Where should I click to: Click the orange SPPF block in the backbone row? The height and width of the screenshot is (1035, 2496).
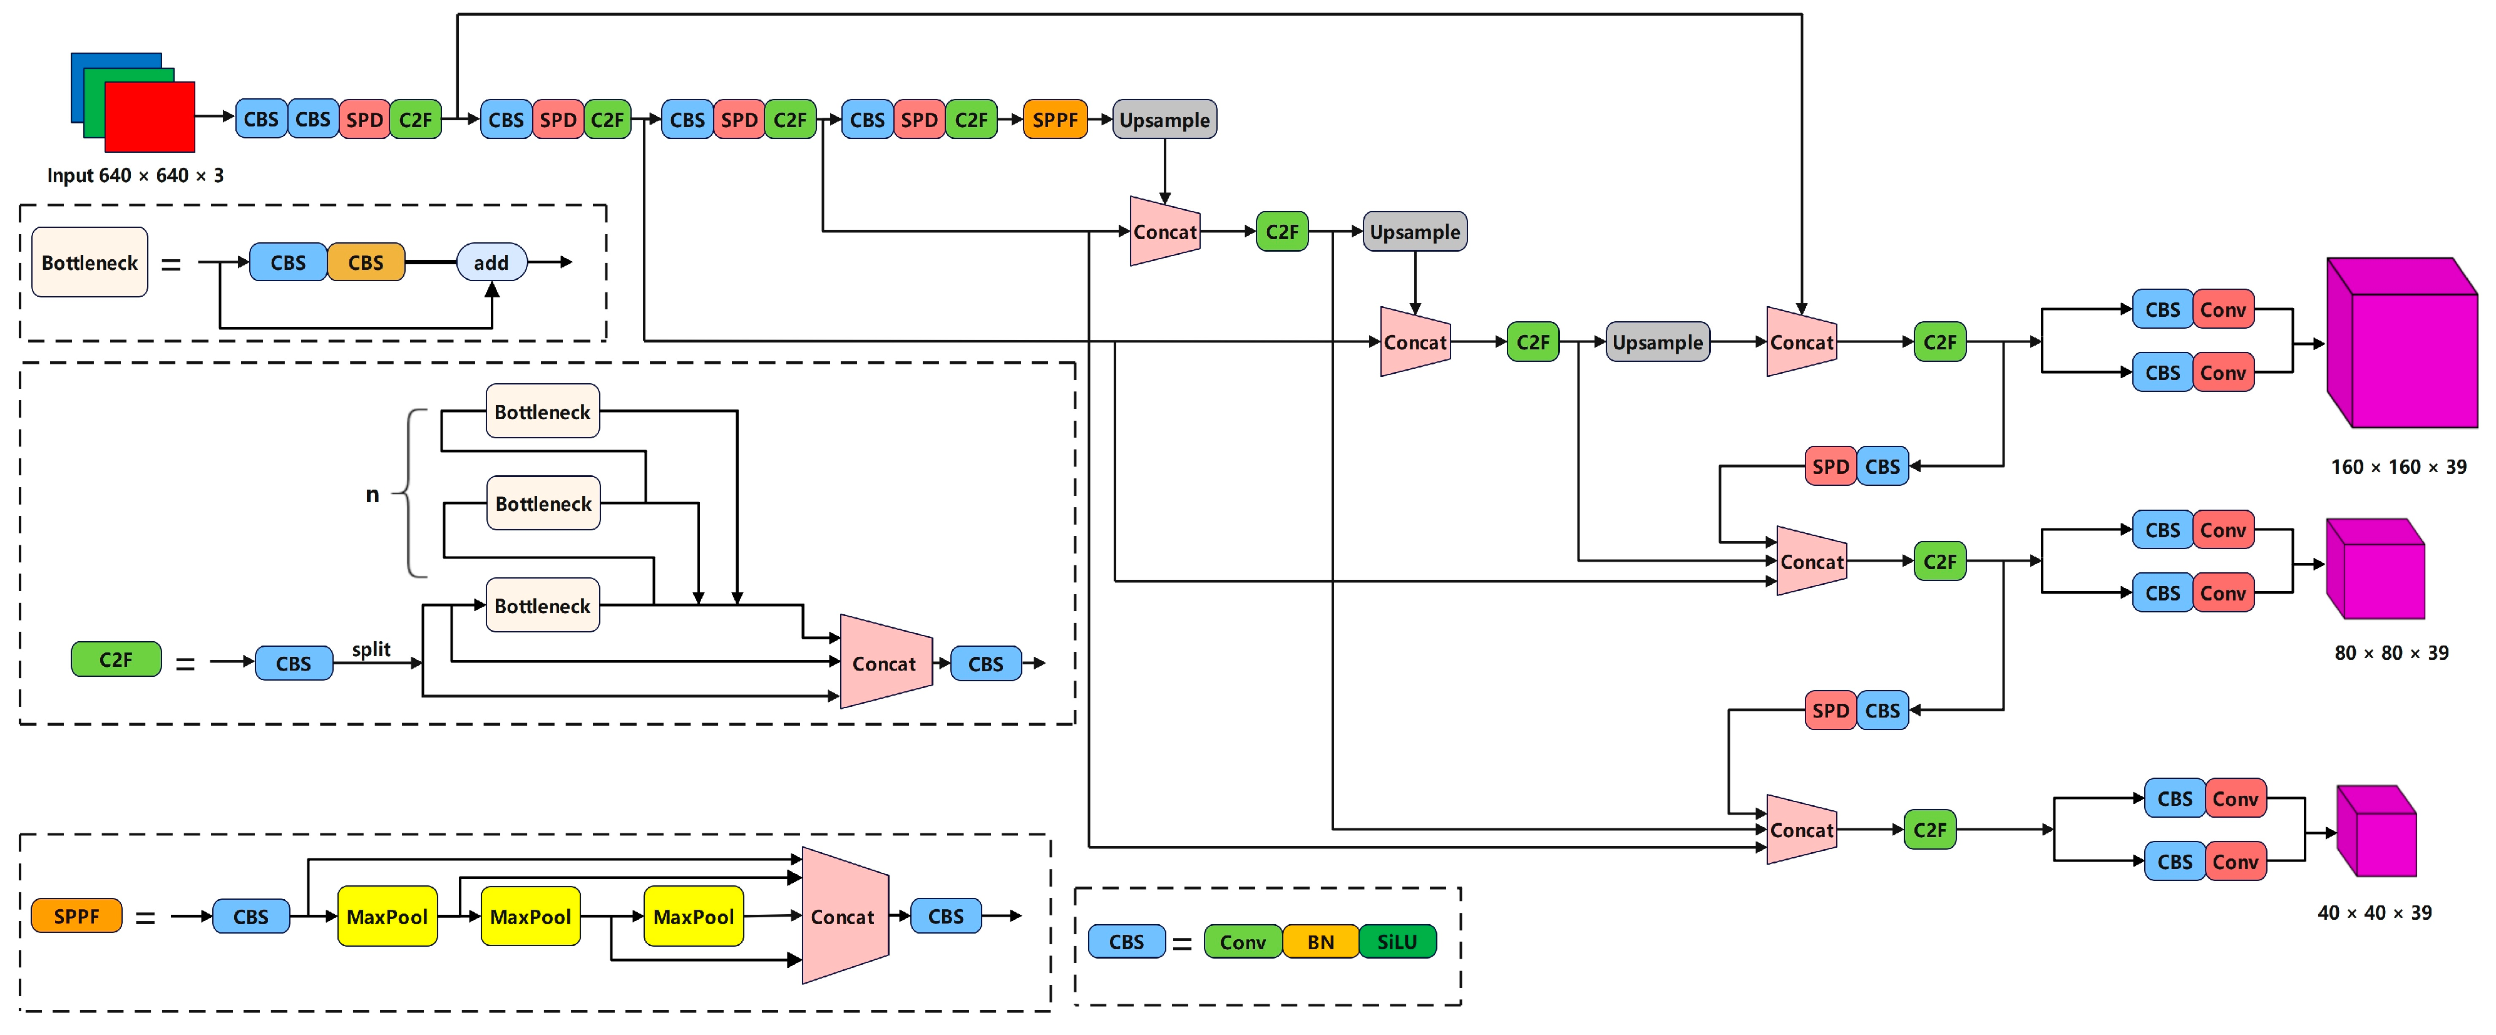pos(1054,120)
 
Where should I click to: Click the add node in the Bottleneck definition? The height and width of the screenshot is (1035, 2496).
pos(491,262)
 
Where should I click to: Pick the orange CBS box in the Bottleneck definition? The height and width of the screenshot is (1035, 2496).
pos(366,262)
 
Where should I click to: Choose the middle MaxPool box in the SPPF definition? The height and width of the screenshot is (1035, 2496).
pos(530,916)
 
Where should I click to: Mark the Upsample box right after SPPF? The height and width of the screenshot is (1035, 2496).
pos(1164,120)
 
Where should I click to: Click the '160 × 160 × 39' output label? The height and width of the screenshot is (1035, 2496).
pos(2398,467)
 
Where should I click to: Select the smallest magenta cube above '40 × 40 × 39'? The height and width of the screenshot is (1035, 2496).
pos(2377,832)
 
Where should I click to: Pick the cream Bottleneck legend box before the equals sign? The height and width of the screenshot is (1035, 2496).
pos(89,262)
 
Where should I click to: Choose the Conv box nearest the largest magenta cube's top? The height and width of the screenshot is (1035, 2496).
pos(2223,310)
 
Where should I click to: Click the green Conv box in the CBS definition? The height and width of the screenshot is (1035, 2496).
pos(1242,941)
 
